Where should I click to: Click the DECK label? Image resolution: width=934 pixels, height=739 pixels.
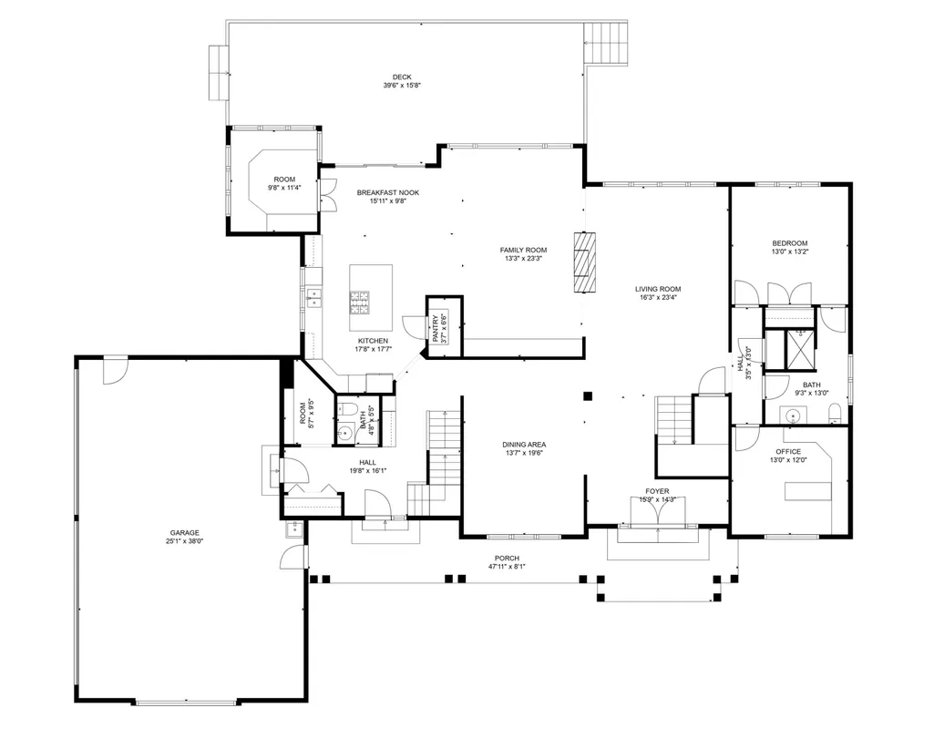pyautogui.click(x=402, y=77)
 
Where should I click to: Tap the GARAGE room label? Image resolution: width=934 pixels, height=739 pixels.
pyautogui.click(x=185, y=533)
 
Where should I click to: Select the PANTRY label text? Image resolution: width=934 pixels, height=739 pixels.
pyautogui.click(x=436, y=328)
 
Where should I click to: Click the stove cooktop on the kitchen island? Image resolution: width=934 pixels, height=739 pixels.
pyautogui.click(x=359, y=302)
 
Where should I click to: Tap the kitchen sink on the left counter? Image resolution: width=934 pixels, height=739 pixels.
pyautogui.click(x=313, y=297)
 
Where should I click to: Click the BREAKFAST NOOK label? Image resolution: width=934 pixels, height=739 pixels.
pyautogui.click(x=388, y=192)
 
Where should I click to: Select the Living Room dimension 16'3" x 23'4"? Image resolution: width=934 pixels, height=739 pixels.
pyautogui.click(x=658, y=297)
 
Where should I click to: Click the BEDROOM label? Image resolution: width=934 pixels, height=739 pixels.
pyautogui.click(x=790, y=243)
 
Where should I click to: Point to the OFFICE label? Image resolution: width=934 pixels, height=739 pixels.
pyautogui.click(x=788, y=451)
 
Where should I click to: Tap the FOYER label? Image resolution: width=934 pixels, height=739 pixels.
pyautogui.click(x=657, y=491)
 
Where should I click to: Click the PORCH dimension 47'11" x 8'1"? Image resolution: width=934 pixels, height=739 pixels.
pyautogui.click(x=507, y=566)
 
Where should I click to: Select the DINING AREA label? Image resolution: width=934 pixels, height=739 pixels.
pyautogui.click(x=524, y=445)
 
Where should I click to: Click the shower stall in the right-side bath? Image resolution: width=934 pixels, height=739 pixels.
pyautogui.click(x=801, y=350)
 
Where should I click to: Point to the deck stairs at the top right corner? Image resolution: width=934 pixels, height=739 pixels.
pyautogui.click(x=605, y=44)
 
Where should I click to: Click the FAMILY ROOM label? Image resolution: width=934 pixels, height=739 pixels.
pyautogui.click(x=523, y=250)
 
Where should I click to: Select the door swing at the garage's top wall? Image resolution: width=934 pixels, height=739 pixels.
pyautogui.click(x=115, y=370)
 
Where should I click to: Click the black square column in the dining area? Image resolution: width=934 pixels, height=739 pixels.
pyautogui.click(x=588, y=395)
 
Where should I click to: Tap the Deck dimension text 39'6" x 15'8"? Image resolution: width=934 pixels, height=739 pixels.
pyautogui.click(x=402, y=85)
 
